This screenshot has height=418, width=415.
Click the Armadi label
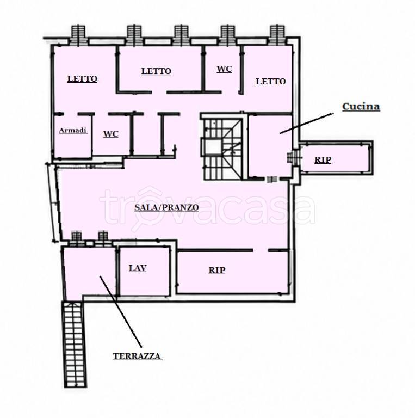click(73, 131)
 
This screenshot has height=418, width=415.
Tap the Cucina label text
click(361, 106)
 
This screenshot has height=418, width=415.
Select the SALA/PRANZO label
click(166, 207)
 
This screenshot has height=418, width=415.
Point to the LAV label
click(138, 268)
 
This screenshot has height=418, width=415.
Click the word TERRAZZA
click(137, 356)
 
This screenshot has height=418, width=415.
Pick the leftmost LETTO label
click(82, 79)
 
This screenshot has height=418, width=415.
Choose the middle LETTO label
click(156, 71)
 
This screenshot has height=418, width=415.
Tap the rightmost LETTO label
click(271, 82)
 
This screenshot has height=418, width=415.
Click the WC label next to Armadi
click(111, 134)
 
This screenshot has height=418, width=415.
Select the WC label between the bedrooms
click(224, 69)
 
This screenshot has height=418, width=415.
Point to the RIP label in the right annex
click(323, 159)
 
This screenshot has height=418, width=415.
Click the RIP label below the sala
click(217, 271)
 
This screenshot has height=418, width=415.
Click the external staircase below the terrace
click(75, 344)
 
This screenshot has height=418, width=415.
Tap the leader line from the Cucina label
click(306, 123)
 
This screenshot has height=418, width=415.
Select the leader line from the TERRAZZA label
click(120, 312)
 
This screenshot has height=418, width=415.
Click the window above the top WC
click(228, 35)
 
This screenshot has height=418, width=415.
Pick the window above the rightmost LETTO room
click(277, 35)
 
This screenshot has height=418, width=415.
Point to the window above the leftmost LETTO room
click(78, 35)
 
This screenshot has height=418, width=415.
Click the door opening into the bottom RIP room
click(260, 250)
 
